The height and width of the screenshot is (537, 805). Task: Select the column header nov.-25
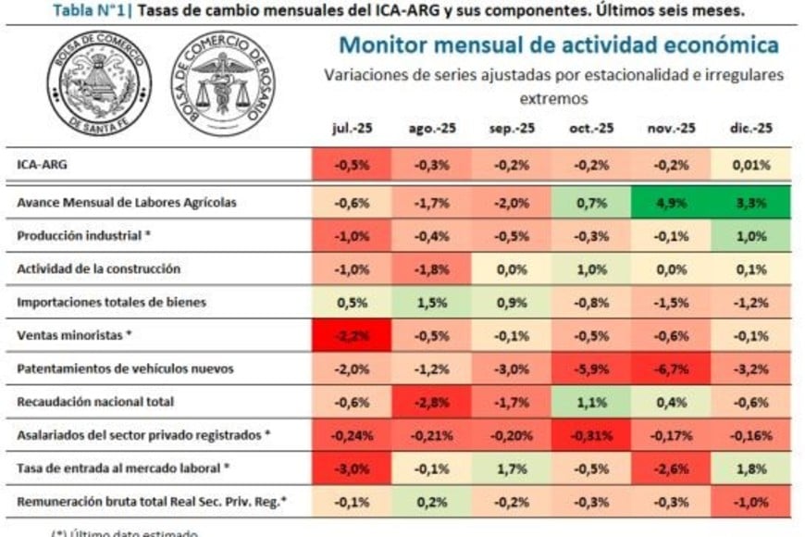671,129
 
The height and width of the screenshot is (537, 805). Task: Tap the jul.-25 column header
353,129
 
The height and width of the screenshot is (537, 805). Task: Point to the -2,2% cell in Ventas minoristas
353,335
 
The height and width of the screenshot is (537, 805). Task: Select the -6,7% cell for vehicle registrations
671,368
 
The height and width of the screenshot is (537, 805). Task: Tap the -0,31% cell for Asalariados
591,435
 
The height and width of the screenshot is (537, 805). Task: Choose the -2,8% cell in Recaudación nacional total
432,402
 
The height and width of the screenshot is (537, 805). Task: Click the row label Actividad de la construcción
98,268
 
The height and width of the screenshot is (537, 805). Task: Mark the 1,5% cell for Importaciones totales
432,302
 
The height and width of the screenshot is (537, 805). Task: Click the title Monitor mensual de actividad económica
558,44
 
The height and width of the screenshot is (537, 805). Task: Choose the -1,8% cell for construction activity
432,268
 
